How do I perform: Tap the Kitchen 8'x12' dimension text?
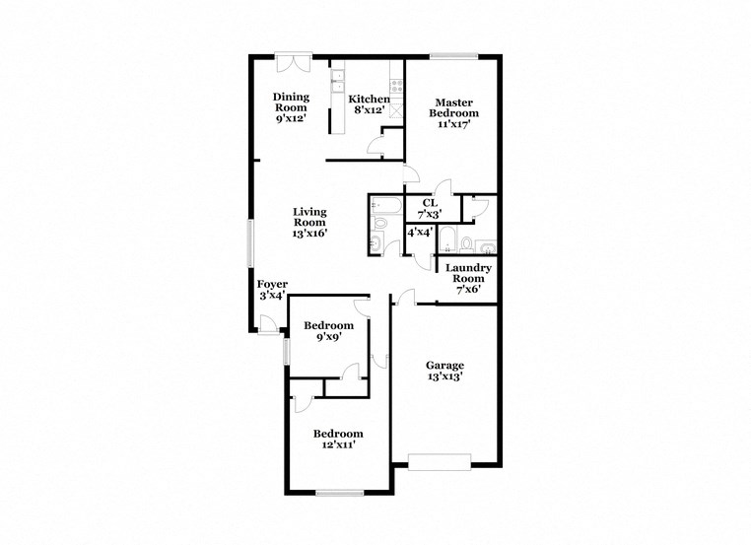pyautogui.click(x=369, y=110)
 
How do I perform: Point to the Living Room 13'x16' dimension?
pyautogui.click(x=308, y=234)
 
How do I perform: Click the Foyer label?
pyautogui.click(x=272, y=285)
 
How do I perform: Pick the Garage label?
pyautogui.click(x=444, y=365)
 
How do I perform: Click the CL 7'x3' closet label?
pyautogui.click(x=429, y=203)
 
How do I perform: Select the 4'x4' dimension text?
pyautogui.click(x=420, y=233)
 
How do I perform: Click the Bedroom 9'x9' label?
pyautogui.click(x=328, y=326)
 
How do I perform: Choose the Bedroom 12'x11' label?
pyautogui.click(x=338, y=434)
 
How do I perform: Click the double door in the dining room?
pyautogui.click(x=293, y=61)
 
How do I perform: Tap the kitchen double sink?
pyautogui.click(x=337, y=79)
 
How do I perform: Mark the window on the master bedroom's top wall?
pyautogui.click(x=453, y=55)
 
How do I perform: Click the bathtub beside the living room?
pyautogui.click(x=383, y=207)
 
